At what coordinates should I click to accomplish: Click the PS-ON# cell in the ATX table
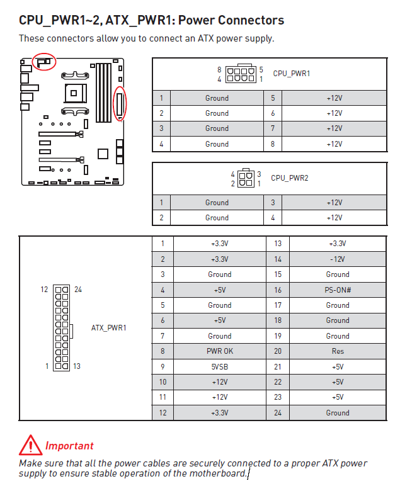click(x=337, y=290)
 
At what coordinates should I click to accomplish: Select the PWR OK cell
click(x=219, y=351)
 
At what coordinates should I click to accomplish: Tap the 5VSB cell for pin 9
click(x=219, y=366)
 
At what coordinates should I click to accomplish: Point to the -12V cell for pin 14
click(x=337, y=259)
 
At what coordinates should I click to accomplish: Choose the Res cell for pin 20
click(x=337, y=351)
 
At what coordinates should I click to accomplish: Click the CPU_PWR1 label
click(x=291, y=73)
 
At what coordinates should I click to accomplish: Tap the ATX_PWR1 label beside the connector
click(x=109, y=327)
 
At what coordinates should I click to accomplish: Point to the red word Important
click(x=69, y=446)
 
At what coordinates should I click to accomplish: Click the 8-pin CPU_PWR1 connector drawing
click(x=240, y=74)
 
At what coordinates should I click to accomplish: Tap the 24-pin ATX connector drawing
click(x=62, y=328)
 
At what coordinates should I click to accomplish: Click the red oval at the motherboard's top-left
click(x=44, y=62)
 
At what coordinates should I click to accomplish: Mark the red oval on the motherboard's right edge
click(x=119, y=103)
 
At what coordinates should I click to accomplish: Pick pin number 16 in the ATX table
click(x=278, y=290)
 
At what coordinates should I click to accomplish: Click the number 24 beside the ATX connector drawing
click(x=78, y=290)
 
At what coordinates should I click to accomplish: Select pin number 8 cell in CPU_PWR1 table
click(x=273, y=144)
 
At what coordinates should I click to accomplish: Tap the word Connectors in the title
click(x=246, y=20)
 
